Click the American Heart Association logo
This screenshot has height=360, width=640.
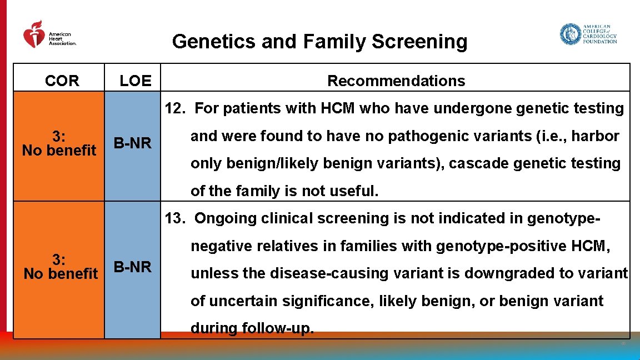(x=49, y=35)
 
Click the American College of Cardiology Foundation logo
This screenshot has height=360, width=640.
(x=588, y=34)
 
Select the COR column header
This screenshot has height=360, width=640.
(x=62, y=81)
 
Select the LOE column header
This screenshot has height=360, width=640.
(x=136, y=81)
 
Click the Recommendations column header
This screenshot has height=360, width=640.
(x=396, y=81)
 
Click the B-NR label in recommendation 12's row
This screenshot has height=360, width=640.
(x=132, y=143)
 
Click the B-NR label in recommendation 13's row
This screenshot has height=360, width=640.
(x=132, y=267)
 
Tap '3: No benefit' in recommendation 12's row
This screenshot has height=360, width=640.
(x=59, y=143)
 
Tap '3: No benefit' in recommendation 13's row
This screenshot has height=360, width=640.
(x=60, y=267)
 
